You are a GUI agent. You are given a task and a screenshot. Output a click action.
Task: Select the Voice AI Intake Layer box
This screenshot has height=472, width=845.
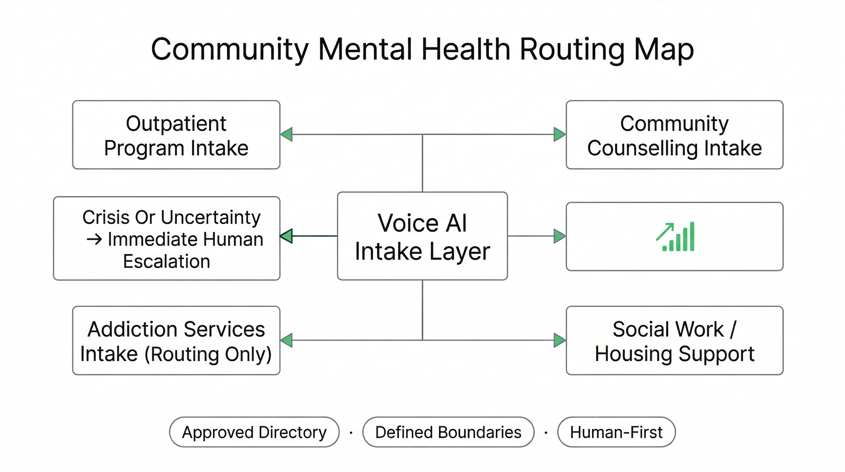(422, 236)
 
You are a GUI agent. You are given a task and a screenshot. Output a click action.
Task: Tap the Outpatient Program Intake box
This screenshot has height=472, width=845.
(176, 135)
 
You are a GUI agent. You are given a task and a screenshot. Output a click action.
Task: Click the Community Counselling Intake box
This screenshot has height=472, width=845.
(674, 135)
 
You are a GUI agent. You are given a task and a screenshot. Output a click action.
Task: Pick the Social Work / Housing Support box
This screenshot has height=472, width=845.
(674, 340)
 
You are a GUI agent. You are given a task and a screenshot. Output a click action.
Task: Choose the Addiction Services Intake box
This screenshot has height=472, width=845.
(176, 340)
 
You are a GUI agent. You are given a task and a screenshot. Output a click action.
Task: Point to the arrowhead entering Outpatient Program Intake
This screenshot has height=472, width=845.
(287, 135)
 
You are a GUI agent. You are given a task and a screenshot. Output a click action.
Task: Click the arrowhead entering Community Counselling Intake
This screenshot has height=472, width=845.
(559, 135)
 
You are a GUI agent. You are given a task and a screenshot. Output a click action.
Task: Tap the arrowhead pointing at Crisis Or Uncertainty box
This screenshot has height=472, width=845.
(286, 236)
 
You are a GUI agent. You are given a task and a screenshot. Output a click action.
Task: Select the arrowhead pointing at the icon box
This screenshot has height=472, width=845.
(559, 236)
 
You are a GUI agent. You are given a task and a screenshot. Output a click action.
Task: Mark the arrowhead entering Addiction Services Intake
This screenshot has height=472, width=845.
(287, 340)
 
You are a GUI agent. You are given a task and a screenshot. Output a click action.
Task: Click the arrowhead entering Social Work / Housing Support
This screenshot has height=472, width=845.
(559, 340)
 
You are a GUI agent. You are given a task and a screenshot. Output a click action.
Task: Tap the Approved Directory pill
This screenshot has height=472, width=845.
(254, 432)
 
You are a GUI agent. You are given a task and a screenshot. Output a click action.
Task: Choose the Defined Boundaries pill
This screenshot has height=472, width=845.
(448, 432)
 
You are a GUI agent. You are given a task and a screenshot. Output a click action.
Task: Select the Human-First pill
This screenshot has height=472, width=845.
(616, 432)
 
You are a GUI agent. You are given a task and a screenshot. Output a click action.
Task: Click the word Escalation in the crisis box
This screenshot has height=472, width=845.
(167, 261)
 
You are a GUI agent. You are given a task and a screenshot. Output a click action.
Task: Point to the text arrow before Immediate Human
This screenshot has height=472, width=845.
(95, 239)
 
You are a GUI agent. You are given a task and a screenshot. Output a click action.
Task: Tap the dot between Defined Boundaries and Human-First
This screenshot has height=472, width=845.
(546, 433)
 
